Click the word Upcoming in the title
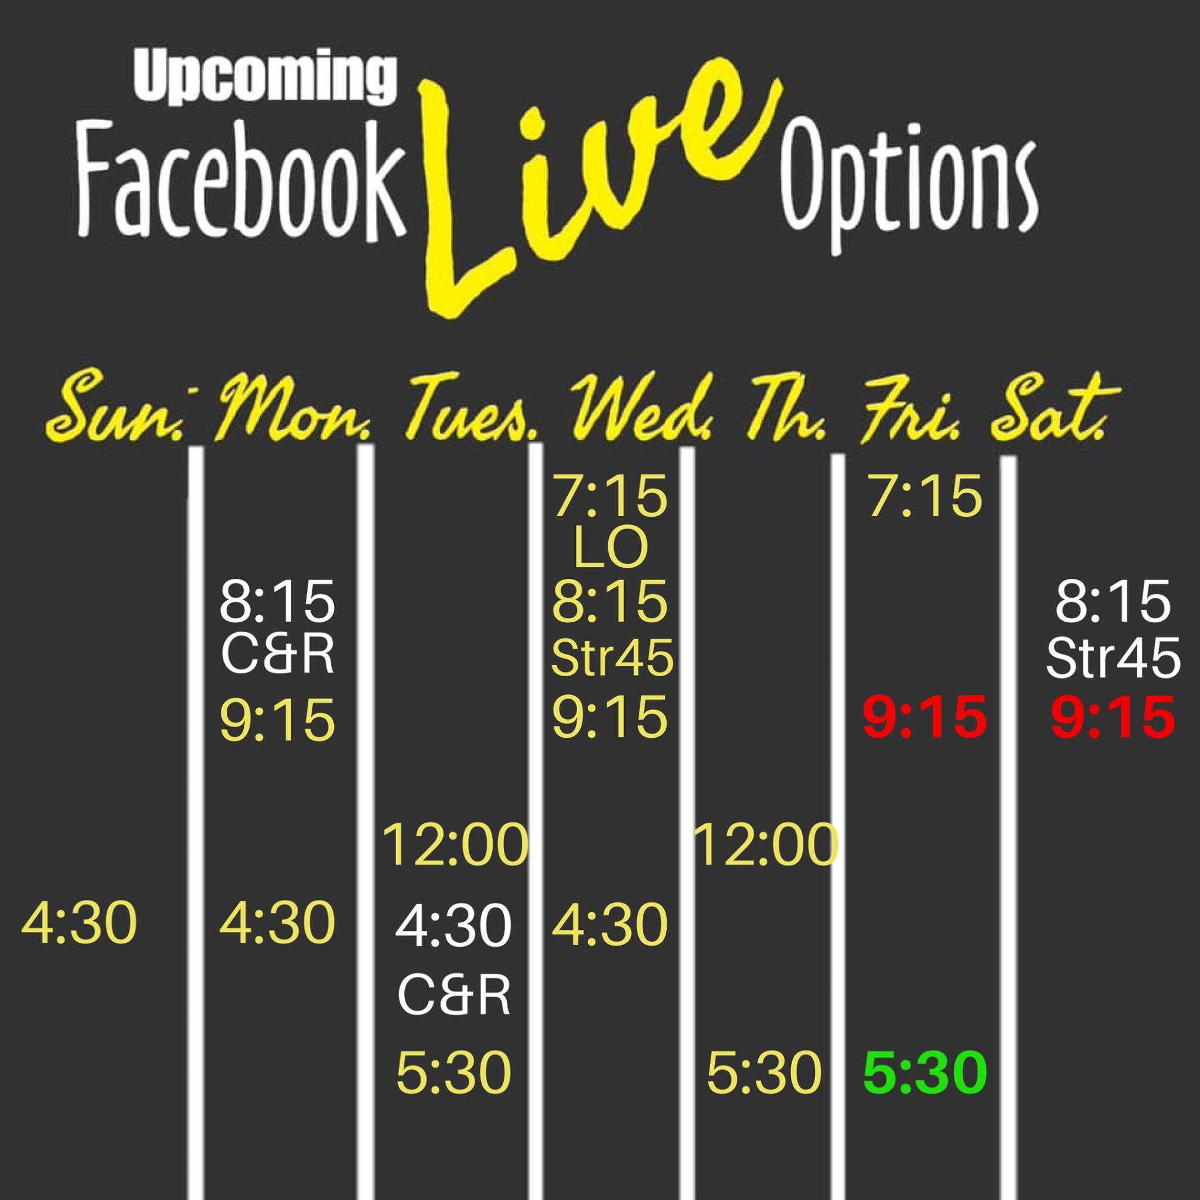(265, 79)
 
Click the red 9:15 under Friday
(925, 718)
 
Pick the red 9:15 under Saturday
(1113, 718)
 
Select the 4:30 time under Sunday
(79, 923)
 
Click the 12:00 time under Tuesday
(455, 845)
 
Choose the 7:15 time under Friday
(925, 496)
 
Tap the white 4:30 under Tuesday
(454, 925)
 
